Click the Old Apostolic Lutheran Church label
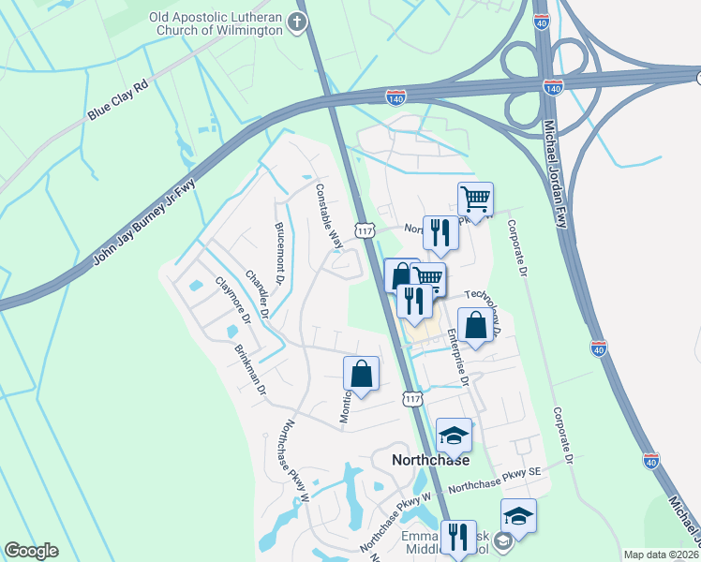click(x=216, y=23)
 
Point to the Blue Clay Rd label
click(x=119, y=101)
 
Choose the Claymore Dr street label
click(x=233, y=300)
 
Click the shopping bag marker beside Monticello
click(x=361, y=374)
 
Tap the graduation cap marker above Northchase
click(x=454, y=436)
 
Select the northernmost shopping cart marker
click(x=476, y=200)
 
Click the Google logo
click(x=31, y=551)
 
